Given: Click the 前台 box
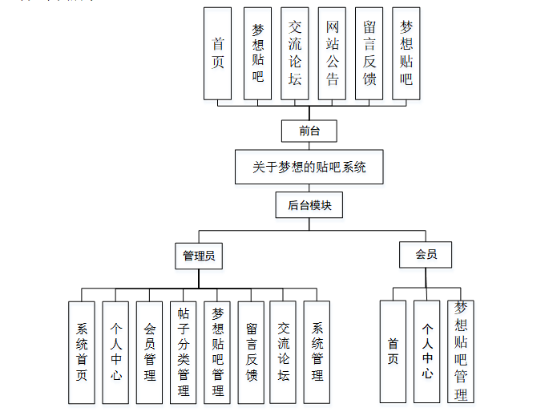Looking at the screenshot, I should [x=309, y=131].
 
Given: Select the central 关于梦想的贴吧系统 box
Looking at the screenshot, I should [x=309, y=168].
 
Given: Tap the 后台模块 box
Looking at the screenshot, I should [x=309, y=205].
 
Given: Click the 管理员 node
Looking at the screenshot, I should [x=199, y=256].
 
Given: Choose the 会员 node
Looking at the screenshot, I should [x=426, y=255].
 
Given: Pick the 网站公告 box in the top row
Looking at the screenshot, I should [x=332, y=54].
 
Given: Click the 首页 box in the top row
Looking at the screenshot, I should [x=218, y=54].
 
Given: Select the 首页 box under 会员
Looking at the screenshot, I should [x=393, y=352].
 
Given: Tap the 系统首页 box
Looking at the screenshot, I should [x=82, y=352].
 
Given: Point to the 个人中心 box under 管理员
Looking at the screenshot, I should [x=116, y=352].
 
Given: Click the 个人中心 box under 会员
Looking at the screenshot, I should [x=427, y=352].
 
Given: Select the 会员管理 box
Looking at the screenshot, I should [x=150, y=352].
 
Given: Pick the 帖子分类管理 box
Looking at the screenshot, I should [x=184, y=352].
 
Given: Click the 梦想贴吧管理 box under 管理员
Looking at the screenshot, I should [x=217, y=352].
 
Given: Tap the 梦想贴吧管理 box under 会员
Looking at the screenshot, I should [x=461, y=352].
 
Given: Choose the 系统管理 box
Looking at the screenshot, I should [x=317, y=352].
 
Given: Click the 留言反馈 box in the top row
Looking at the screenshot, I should [x=369, y=54].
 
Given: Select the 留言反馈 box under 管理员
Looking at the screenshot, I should [x=252, y=352].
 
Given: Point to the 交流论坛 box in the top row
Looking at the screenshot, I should [x=295, y=54].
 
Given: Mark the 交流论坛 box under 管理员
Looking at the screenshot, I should [x=284, y=352].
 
